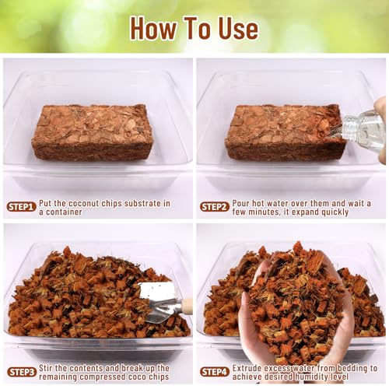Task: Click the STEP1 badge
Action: click(21, 207)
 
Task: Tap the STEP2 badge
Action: click(215, 207)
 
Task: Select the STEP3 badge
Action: click(21, 372)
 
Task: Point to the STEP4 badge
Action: click(215, 372)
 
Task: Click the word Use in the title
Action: click(238, 28)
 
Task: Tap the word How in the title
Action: click(154, 28)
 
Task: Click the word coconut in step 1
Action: click(83, 204)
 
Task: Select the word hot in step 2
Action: click(259, 203)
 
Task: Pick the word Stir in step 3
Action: click(46, 368)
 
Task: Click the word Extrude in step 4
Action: click(247, 368)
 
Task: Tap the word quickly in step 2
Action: click(335, 212)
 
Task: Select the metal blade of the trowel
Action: click(159, 302)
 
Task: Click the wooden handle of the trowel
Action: click(187, 306)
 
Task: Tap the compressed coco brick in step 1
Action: click(93, 132)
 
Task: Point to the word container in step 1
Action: click(64, 212)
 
